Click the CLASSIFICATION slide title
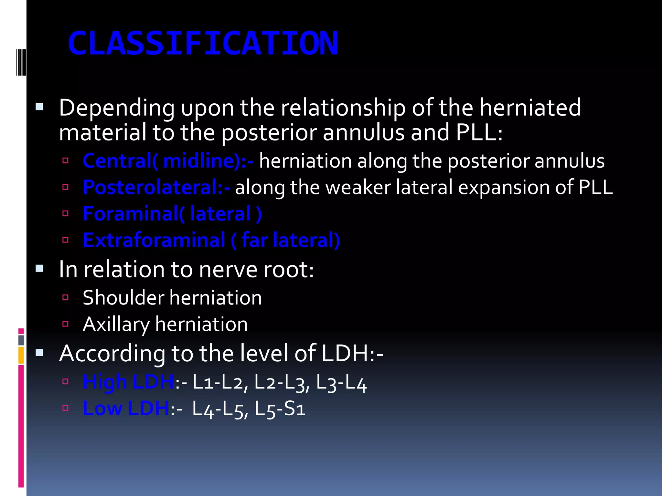pyautogui.click(x=203, y=44)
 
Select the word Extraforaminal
pyautogui.click(x=154, y=240)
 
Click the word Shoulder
pyautogui.click(x=123, y=298)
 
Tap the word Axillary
pyautogui.click(x=116, y=325)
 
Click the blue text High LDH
pyautogui.click(x=128, y=382)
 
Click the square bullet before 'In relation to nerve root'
pyautogui.click(x=39, y=269)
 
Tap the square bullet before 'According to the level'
pyautogui.click(x=39, y=353)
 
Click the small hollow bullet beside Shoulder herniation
pyautogui.click(x=66, y=297)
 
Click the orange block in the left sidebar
pyautogui.click(x=21, y=355)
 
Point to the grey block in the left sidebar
pyautogui.click(x=21, y=340)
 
